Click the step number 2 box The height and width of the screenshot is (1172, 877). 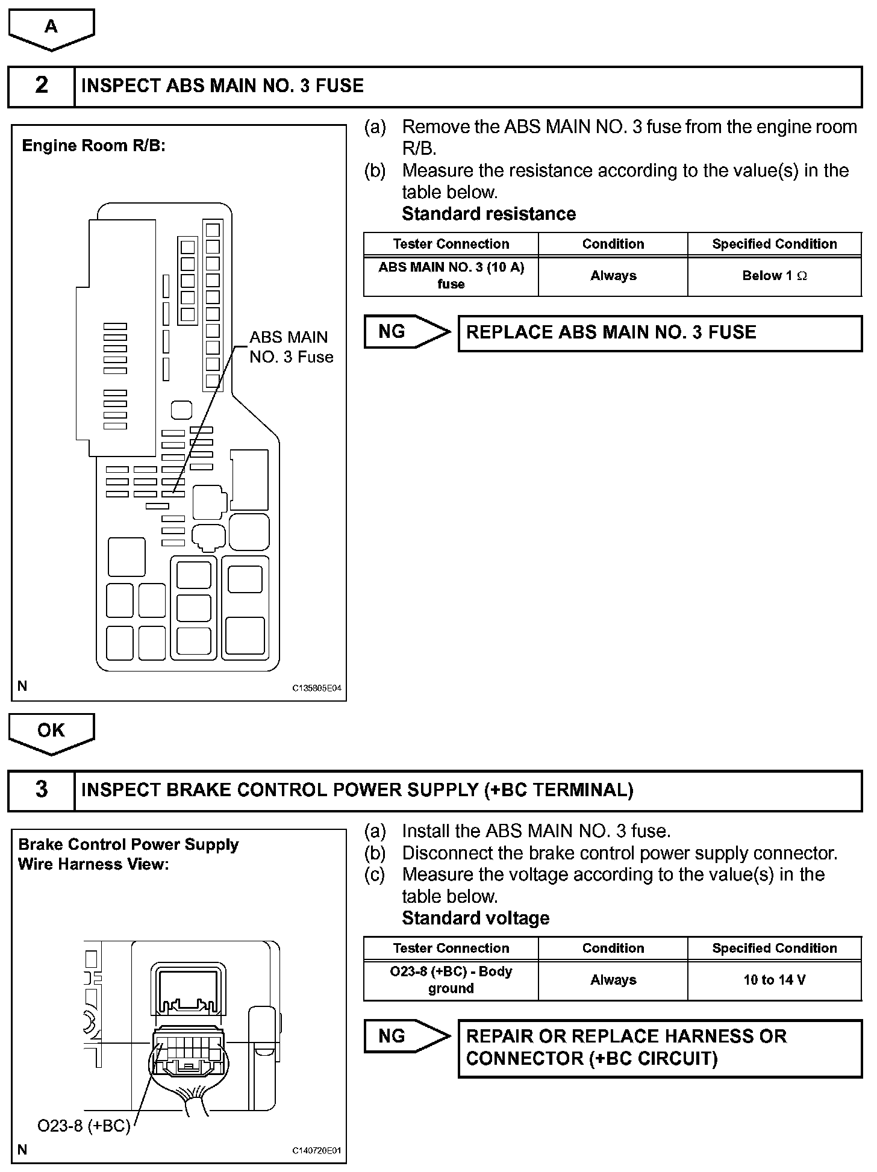pos(42,86)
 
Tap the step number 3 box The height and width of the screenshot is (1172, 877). pos(42,790)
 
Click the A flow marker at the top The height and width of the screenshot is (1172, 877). pos(51,28)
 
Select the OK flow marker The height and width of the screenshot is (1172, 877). pos(51,731)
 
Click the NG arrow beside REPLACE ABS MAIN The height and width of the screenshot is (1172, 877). pos(407,332)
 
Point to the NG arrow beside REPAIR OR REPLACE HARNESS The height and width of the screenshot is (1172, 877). pos(407,1036)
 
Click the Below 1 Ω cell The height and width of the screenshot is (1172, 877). pos(774,276)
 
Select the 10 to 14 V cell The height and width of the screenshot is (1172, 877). pos(774,980)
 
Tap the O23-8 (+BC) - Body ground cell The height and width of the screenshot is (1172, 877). pos(451,980)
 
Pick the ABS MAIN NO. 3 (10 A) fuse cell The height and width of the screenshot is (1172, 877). pos(451,276)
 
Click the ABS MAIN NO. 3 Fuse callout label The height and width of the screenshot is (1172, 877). pos(291,347)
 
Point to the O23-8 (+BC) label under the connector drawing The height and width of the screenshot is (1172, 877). pos(84,1126)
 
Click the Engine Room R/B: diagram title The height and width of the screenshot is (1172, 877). pos(93,146)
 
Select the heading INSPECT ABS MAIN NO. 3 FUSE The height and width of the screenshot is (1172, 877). pos(222,86)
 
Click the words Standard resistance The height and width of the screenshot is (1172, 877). pos(488,214)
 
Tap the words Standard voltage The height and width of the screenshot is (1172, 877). pos(475,918)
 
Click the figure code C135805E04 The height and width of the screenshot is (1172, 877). pos(317,688)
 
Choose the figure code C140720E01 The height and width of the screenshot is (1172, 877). pos(317,1151)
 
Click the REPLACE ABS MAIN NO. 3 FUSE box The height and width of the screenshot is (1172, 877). pos(660,333)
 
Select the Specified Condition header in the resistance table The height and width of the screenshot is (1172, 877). pos(774,244)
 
